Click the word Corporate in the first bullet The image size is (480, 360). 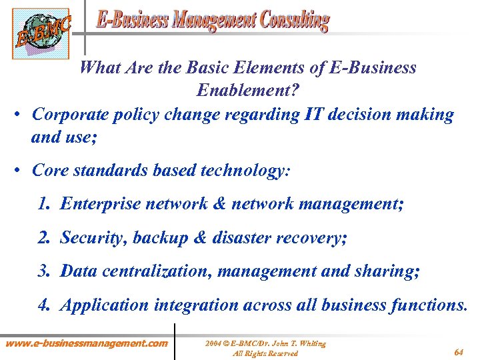click(71, 114)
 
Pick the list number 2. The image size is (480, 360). click(44, 237)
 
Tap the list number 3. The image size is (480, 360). click(44, 271)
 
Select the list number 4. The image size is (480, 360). click(44, 305)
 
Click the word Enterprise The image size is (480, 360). click(99, 203)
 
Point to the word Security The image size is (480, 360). click(94, 237)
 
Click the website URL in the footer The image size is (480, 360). click(86, 343)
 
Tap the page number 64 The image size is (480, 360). click(459, 351)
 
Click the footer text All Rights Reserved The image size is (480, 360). click(265, 353)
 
